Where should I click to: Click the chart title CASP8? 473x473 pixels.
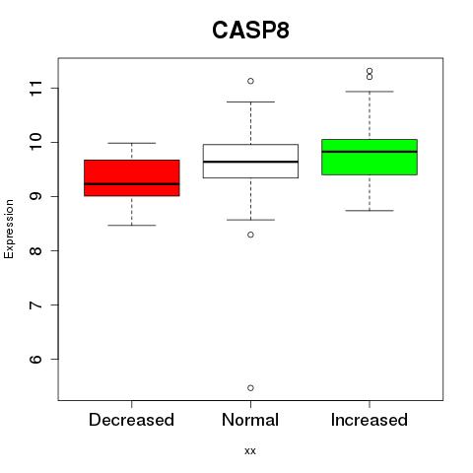[250, 31]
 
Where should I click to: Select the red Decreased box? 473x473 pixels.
[132, 178]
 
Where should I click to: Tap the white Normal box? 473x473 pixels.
[250, 161]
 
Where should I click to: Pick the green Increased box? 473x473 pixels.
[370, 157]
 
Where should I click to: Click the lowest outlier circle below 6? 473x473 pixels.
[250, 388]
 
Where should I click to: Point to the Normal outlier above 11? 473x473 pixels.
[250, 81]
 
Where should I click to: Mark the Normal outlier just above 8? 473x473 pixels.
[250, 235]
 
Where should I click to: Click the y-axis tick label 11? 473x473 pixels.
[36, 88]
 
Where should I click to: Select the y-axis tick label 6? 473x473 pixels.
[36, 359]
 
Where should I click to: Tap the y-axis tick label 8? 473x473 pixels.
[36, 250]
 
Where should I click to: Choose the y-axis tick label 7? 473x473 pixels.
[36, 304]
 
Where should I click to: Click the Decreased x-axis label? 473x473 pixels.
[131, 420]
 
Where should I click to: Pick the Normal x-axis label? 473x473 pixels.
[250, 420]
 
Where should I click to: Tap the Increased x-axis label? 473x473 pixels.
[370, 420]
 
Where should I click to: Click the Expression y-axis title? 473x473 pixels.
[9, 229]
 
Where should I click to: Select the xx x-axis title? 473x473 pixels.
[250, 451]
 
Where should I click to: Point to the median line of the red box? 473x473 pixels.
[132, 184]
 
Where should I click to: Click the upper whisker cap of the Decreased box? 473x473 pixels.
[132, 143]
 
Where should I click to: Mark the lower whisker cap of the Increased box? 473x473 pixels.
[370, 211]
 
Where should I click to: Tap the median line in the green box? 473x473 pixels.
[370, 152]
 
